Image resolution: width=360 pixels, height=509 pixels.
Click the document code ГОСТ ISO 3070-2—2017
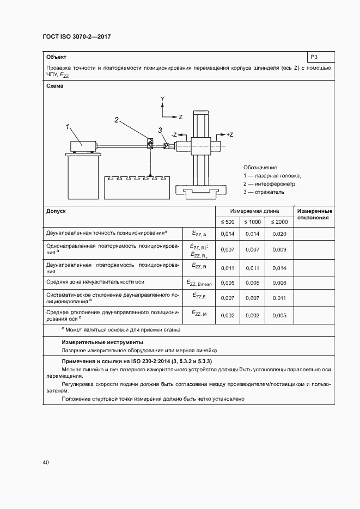76,38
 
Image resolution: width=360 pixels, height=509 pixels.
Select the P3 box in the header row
320,57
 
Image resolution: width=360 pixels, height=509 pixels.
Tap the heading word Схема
54,86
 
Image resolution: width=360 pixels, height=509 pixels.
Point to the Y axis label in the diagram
162,99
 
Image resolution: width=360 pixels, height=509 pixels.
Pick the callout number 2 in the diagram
117,119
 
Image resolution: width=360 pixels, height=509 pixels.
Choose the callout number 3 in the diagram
160,130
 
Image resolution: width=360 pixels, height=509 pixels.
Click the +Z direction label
228,134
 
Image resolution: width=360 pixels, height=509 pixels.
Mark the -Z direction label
175,134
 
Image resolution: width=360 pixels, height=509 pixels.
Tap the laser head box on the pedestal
83,146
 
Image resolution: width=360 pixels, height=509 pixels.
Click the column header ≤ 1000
252,222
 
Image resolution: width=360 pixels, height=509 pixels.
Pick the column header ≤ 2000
279,222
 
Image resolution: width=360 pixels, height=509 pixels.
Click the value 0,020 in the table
279,234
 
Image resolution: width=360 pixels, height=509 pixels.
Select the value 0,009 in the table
279,249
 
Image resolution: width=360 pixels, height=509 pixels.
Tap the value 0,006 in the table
279,283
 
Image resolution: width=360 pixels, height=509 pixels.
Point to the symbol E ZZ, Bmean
197,283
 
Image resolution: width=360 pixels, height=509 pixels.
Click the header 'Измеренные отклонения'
313,214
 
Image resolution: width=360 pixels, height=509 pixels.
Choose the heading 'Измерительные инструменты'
95,342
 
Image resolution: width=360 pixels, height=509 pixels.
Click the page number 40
46,462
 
